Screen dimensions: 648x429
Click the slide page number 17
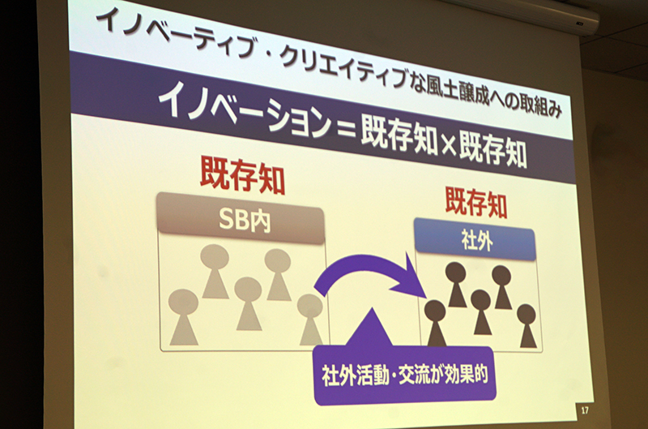[x=584, y=410]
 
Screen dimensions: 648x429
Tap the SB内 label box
[x=241, y=217]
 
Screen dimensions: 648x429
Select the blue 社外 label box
[x=476, y=240]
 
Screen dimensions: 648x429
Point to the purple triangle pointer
[x=370, y=329]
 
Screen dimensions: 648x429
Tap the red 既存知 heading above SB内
[x=242, y=175]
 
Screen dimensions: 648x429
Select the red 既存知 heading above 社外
[x=476, y=203]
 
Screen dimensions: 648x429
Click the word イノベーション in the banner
[x=245, y=109]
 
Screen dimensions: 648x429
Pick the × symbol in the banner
[x=448, y=145]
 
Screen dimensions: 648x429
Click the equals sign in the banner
[x=347, y=128]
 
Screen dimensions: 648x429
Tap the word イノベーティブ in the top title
[x=173, y=33]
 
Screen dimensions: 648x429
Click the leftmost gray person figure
[x=184, y=317]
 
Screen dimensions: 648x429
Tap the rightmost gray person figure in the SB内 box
[x=310, y=320]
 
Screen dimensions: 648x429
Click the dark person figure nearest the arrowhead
[x=436, y=323]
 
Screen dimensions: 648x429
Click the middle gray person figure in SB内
[x=248, y=303]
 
